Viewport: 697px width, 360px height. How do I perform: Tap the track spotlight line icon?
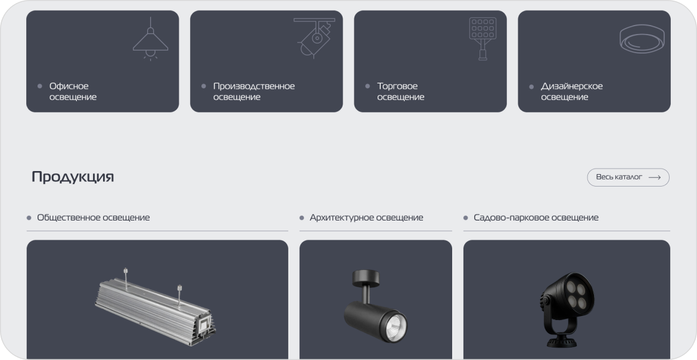pos(315,38)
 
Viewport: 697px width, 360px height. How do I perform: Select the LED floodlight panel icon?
pos(483,38)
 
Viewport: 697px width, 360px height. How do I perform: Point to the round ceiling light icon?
pos(642,39)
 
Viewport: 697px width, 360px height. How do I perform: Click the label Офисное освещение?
pos(73,91)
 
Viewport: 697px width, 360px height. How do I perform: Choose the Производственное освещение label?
pos(254,91)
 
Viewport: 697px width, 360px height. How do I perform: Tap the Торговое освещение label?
pos(400,91)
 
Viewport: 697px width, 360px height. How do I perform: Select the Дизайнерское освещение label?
pos(572,91)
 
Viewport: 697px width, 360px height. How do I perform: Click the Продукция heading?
pos(73,176)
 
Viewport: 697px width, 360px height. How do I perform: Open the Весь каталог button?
pos(628,177)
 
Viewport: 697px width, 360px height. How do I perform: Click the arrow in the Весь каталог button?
pos(654,177)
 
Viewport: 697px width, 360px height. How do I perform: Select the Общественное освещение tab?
pos(94,218)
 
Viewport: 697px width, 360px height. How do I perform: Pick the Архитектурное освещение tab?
pos(366,218)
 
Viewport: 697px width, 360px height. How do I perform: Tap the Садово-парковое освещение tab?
pos(536,218)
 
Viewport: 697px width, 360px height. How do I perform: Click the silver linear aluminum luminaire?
pos(155,308)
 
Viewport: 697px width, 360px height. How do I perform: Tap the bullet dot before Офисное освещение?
pos(40,86)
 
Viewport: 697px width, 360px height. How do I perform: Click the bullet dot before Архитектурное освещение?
pos(302,218)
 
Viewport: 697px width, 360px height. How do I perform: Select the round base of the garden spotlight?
pos(561,342)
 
